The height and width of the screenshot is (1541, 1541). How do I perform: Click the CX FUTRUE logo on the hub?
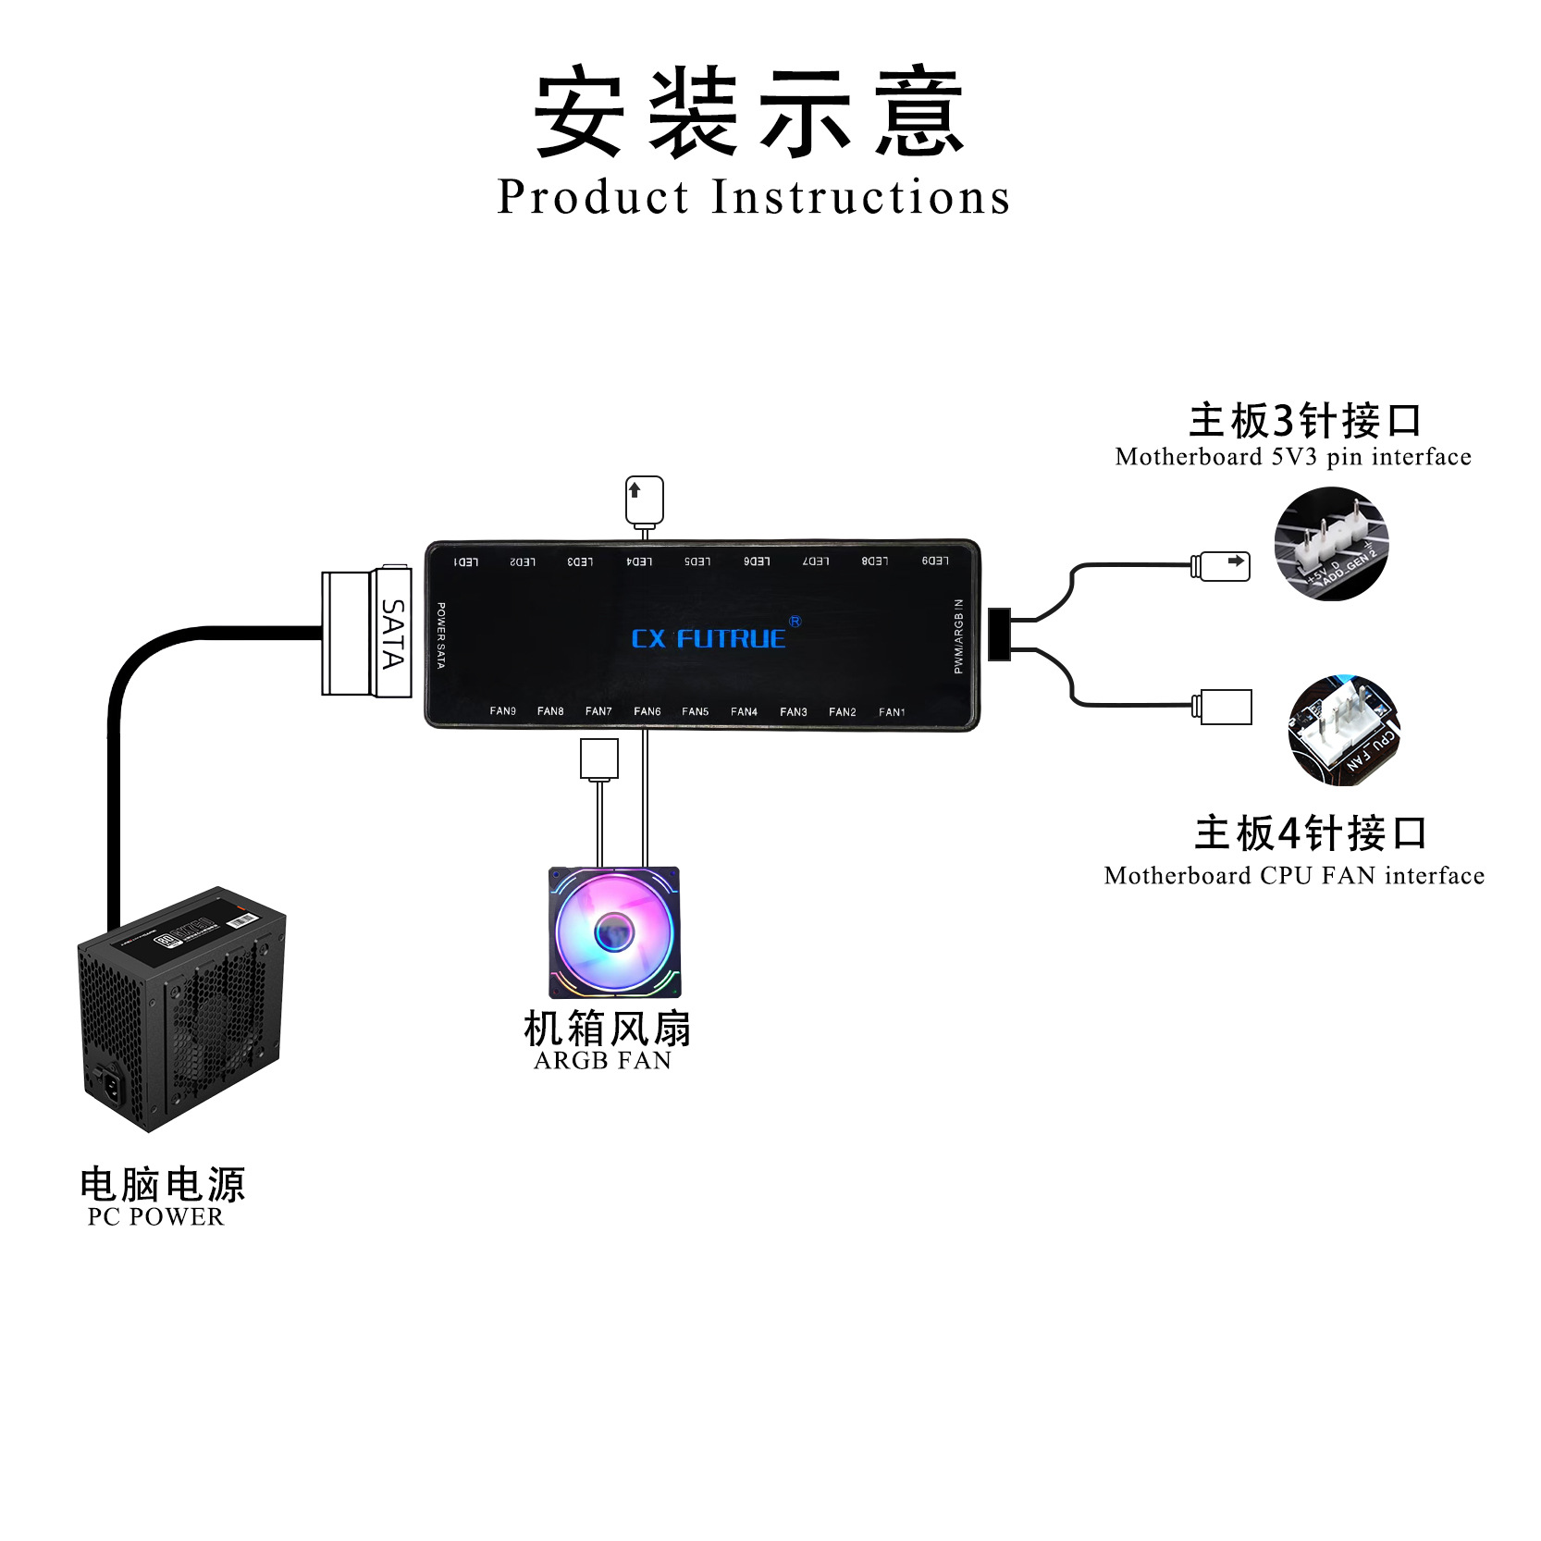(x=709, y=638)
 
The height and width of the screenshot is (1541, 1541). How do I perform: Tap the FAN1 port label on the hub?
(x=892, y=712)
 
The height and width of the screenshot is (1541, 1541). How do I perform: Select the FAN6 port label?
(x=647, y=711)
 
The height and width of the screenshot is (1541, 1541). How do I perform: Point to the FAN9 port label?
(x=503, y=711)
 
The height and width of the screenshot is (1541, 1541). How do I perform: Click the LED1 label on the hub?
(x=465, y=562)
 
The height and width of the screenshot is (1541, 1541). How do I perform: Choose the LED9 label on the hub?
(x=935, y=561)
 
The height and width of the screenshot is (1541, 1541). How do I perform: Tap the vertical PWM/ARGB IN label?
(x=959, y=636)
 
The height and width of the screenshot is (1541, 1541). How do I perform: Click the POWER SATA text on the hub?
(x=441, y=635)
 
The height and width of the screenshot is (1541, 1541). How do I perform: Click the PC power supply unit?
(x=181, y=1008)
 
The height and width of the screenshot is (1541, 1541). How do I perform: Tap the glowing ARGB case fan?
(x=614, y=932)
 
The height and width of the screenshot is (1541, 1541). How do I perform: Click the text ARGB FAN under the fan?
(x=602, y=1061)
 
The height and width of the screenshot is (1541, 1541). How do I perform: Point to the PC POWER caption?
(x=155, y=1217)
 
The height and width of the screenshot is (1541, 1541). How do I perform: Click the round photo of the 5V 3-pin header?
(x=1331, y=544)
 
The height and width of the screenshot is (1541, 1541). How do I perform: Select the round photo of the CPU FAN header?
(x=1343, y=730)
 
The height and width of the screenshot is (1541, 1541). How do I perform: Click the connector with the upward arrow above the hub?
(x=645, y=499)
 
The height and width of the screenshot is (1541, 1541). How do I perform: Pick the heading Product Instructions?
(x=753, y=197)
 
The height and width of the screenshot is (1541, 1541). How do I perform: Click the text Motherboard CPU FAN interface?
(x=1293, y=876)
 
